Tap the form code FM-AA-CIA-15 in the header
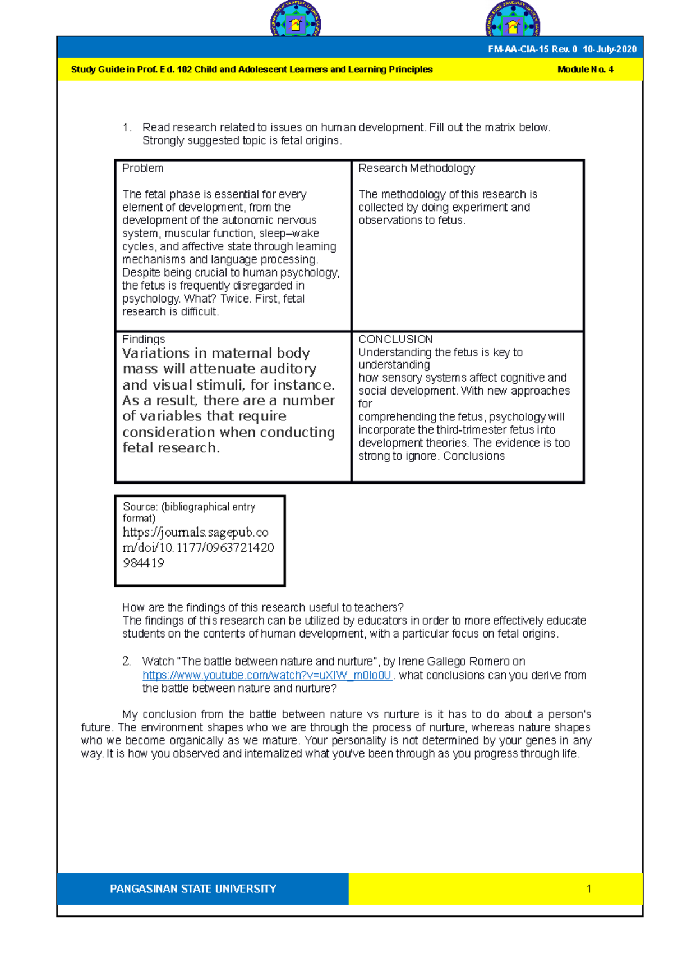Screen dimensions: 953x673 tap(518, 49)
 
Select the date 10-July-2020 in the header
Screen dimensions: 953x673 tap(609, 49)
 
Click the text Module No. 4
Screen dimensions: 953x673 tap(585, 70)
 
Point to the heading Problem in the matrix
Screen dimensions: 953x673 tap(142, 168)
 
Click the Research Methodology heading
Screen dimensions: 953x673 tap(416, 168)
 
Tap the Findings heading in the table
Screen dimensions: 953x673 tap(144, 340)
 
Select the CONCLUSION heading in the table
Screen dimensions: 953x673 tap(395, 340)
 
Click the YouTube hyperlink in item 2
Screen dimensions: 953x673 tap(267, 675)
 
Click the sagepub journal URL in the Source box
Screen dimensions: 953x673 tap(197, 547)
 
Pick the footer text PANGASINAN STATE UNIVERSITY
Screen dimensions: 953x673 tap(193, 889)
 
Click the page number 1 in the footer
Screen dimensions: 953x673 tap(588, 889)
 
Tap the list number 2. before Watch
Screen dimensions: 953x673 tap(127, 662)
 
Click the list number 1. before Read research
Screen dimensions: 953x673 tap(127, 127)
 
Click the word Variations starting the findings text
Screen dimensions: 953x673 tap(156, 354)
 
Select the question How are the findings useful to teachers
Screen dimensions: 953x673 tap(262, 608)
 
